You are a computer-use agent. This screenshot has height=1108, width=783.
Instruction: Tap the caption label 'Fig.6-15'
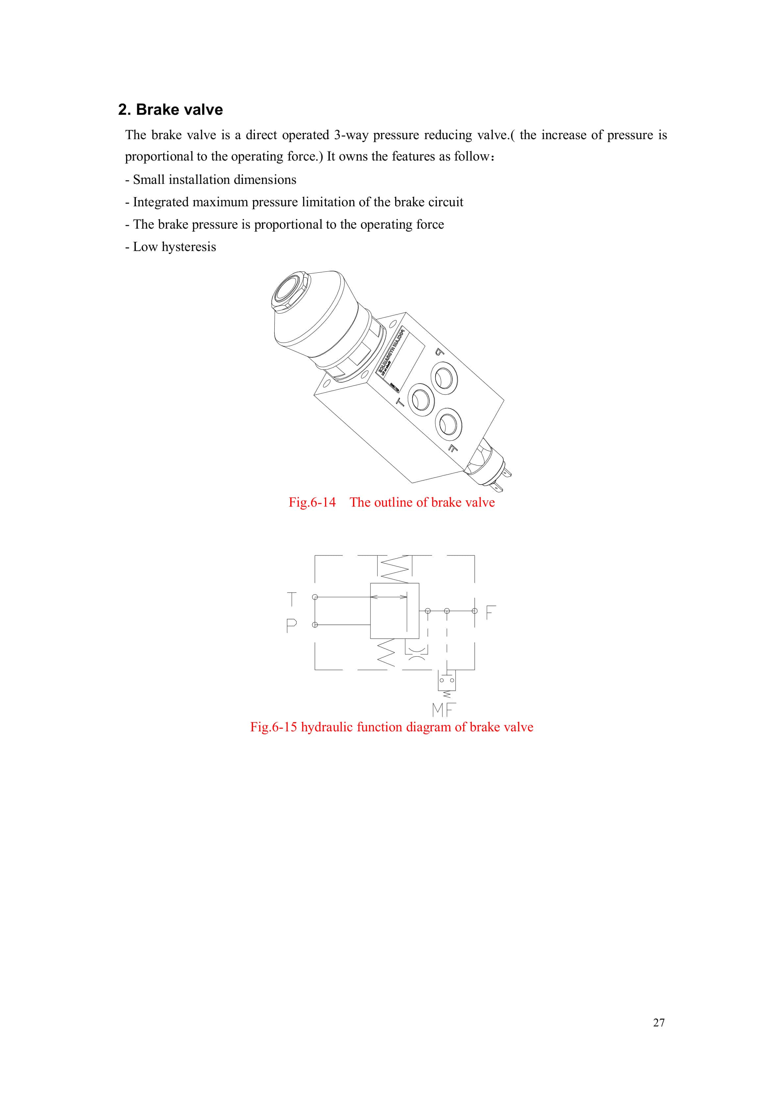pyautogui.click(x=273, y=727)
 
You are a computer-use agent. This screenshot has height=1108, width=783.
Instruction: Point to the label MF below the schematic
pyautogui.click(x=443, y=710)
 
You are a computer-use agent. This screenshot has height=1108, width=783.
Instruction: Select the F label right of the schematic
pyautogui.click(x=491, y=612)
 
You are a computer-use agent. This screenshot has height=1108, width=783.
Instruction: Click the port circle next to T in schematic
pyautogui.click(x=315, y=597)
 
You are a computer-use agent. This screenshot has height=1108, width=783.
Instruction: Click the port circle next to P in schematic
pyautogui.click(x=315, y=625)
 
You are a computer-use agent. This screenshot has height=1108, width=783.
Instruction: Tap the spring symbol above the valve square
pyautogui.click(x=395, y=569)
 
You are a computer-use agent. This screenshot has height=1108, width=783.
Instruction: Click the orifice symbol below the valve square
pyautogui.click(x=416, y=651)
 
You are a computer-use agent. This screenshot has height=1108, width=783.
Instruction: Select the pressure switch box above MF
pyautogui.click(x=446, y=680)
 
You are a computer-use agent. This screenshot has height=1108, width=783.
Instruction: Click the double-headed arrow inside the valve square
pyautogui.click(x=389, y=597)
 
